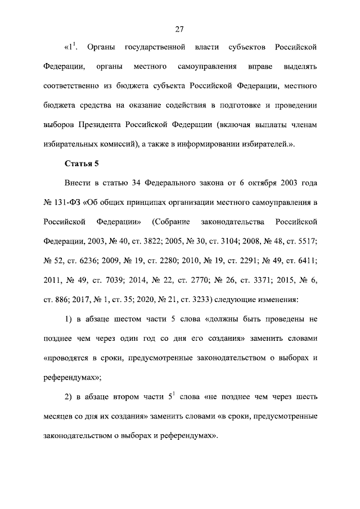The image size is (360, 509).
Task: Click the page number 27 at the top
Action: click(x=180, y=29)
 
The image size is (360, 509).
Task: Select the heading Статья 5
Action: click(x=82, y=164)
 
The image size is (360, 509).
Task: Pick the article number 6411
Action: click(x=307, y=260)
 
